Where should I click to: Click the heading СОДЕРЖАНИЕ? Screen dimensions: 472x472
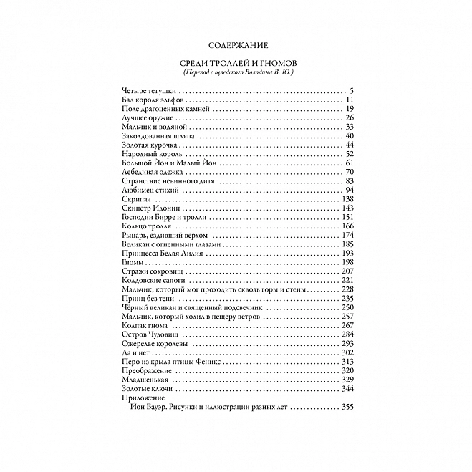click(236, 44)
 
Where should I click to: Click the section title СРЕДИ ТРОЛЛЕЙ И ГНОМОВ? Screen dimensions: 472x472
click(236, 64)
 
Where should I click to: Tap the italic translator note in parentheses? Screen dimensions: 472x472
click(236, 74)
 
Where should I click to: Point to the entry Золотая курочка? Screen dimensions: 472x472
click(143, 145)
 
